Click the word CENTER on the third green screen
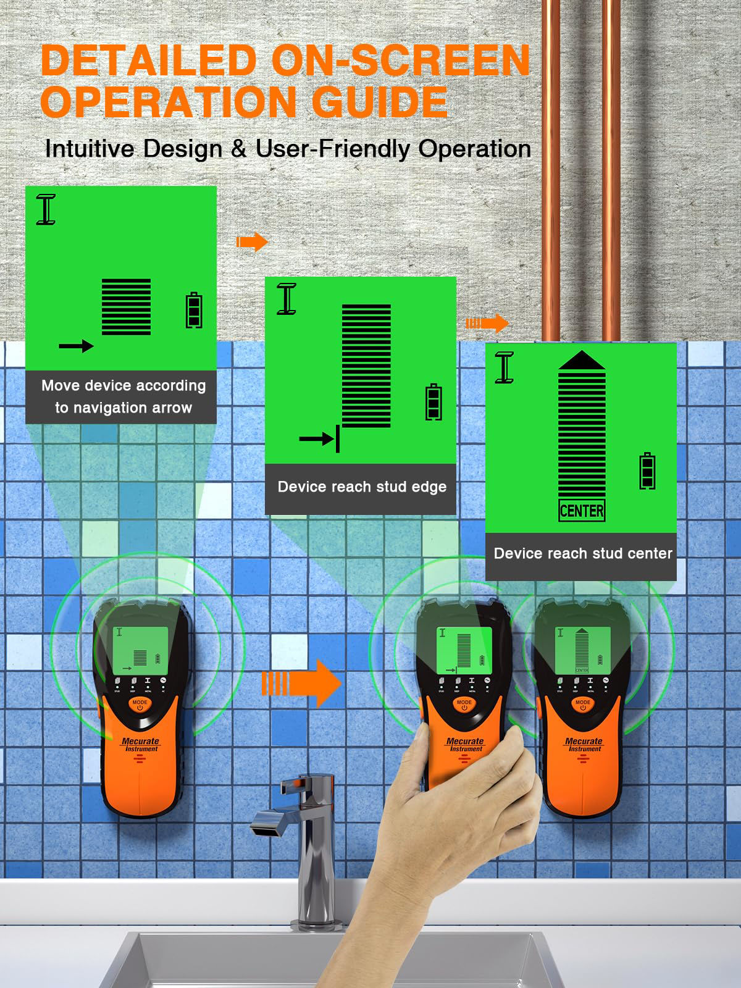pyautogui.click(x=582, y=511)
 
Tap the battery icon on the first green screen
pyautogui.click(x=195, y=311)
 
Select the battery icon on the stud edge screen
pyautogui.click(x=434, y=402)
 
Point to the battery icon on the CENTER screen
pyautogui.click(x=647, y=471)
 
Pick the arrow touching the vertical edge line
pyautogui.click(x=319, y=439)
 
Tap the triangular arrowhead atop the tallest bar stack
pyautogui.click(x=582, y=361)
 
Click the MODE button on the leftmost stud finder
pyautogui.click(x=140, y=704)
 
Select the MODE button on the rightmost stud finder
pyautogui.click(x=582, y=704)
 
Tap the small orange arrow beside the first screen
pyautogui.click(x=252, y=242)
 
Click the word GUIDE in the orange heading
pyautogui.click(x=380, y=102)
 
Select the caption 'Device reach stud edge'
pyautogui.click(x=362, y=487)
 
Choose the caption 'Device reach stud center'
pyautogui.click(x=583, y=553)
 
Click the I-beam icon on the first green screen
pyautogui.click(x=46, y=209)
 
